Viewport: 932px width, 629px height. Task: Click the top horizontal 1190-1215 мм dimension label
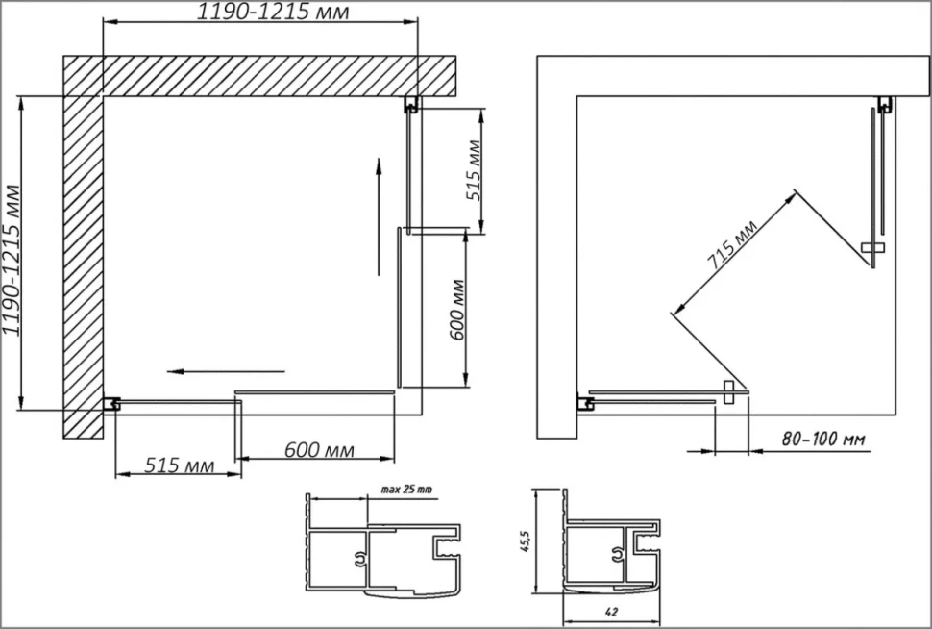[x=273, y=12]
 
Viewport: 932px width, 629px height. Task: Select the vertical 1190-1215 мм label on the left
[x=12, y=261]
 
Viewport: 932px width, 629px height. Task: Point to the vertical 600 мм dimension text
[x=457, y=310]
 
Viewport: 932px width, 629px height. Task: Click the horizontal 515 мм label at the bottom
[x=179, y=465]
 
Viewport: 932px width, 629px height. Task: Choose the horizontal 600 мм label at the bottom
[x=319, y=450]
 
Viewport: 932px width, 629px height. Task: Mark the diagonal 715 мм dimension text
[x=732, y=244]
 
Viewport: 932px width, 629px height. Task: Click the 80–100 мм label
[x=823, y=440]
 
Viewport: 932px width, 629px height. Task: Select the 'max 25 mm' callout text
[x=406, y=490]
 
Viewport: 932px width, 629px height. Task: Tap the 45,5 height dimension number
[x=525, y=541]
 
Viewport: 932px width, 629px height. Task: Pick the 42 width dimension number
[x=612, y=611]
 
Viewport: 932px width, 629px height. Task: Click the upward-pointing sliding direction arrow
[x=378, y=216]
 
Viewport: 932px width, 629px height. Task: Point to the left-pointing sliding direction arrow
[x=226, y=372]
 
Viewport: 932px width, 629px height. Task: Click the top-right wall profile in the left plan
[x=411, y=105]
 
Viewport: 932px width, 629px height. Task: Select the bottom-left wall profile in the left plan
[x=111, y=405]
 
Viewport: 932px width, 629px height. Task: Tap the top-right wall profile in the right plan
[x=886, y=105]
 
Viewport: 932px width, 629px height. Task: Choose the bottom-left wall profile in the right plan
[x=585, y=405]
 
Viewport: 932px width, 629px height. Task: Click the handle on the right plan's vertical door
[x=872, y=247]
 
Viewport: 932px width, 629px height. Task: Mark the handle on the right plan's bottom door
[x=729, y=392]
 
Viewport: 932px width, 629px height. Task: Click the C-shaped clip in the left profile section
[x=359, y=560]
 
